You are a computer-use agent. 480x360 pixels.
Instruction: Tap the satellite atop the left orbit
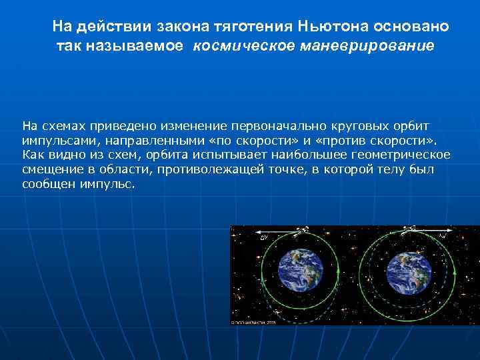click(x=301, y=229)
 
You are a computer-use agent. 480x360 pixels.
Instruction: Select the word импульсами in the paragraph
click(x=53, y=141)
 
